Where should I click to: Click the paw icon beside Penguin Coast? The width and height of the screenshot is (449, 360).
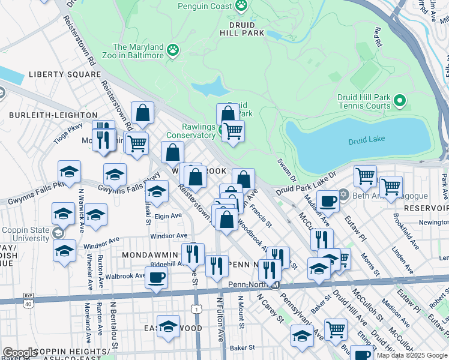pyautogui.click(x=241, y=6)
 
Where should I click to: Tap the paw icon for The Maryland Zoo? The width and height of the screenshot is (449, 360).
pyautogui.click(x=173, y=50)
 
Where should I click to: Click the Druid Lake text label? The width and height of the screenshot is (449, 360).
pyautogui.click(x=367, y=142)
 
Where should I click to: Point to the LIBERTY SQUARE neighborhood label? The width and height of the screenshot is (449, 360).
pyautogui.click(x=64, y=74)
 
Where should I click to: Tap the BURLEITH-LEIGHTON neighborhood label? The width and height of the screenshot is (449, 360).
pyautogui.click(x=53, y=115)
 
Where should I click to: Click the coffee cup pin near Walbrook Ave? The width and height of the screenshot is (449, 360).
pyautogui.click(x=156, y=277)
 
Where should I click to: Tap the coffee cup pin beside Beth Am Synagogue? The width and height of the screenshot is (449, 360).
pyautogui.click(x=328, y=201)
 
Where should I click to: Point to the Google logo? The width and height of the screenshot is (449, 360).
pyautogui.click(x=20, y=353)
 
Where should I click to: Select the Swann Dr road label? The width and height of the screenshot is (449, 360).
pyautogui.click(x=286, y=170)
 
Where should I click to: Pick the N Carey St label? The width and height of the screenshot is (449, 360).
pyautogui.click(x=269, y=308)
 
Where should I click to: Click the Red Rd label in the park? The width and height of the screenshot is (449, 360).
pyautogui.click(x=378, y=37)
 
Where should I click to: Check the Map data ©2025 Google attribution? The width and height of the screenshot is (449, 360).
pyautogui.click(x=412, y=355)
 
